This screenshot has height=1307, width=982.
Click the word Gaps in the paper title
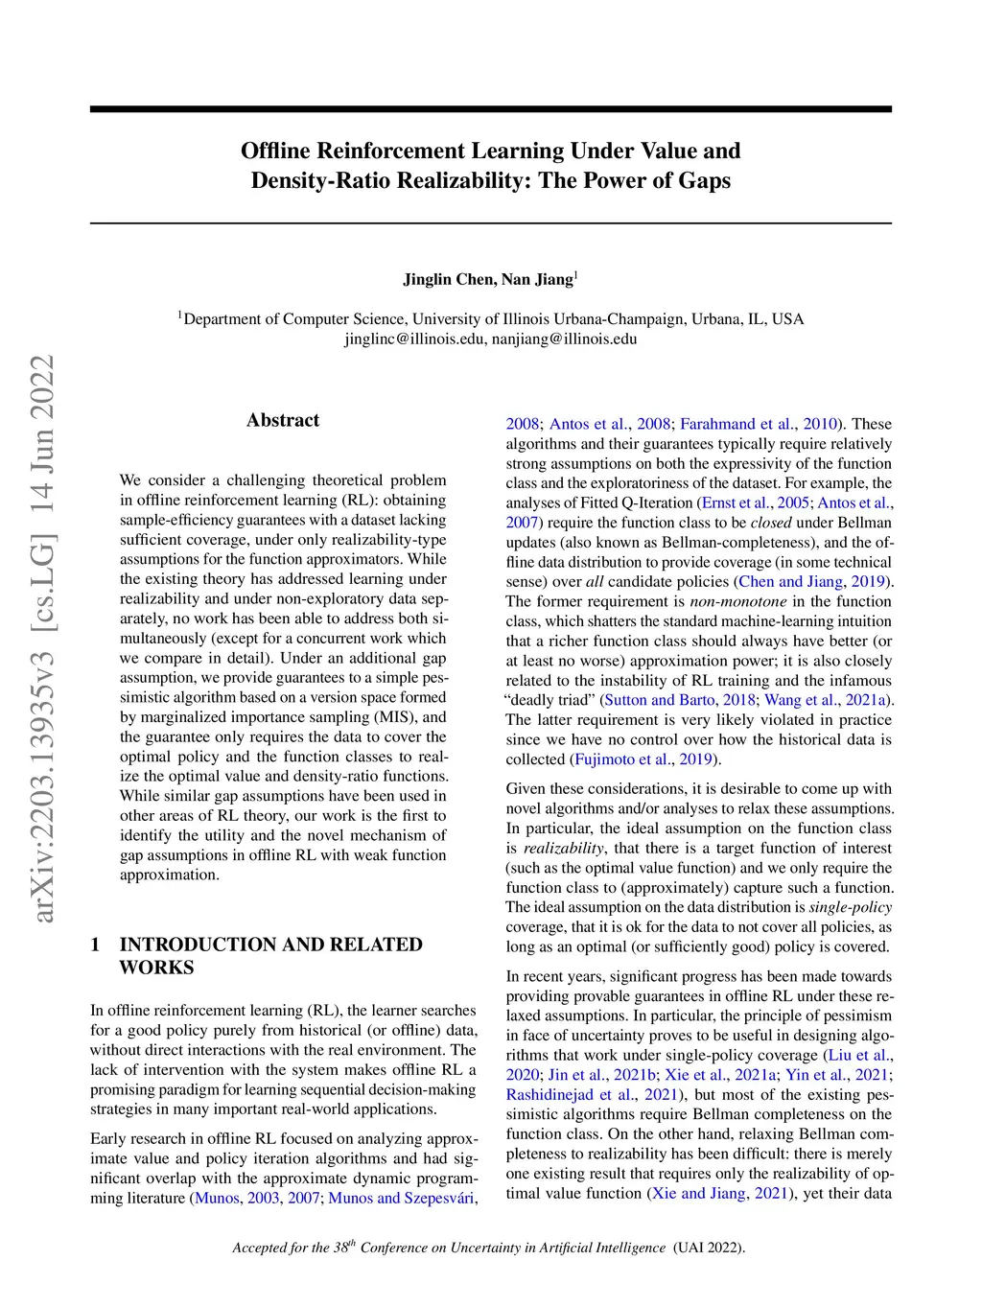pos(703,180)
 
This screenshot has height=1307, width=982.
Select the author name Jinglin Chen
pos(448,280)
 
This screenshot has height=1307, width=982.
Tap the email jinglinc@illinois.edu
pos(413,338)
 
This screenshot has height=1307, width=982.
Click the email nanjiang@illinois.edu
pos(564,338)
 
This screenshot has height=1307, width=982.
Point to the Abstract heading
pos(283,420)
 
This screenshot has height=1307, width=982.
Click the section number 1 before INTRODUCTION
pos(96,945)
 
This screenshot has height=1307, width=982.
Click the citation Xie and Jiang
pos(699,1193)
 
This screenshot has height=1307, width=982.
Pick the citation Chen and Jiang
pos(793,581)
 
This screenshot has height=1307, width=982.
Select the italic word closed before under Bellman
pos(771,522)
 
